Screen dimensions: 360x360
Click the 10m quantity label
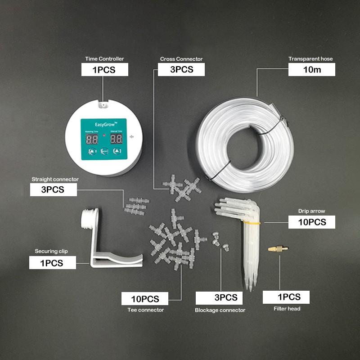click(x=311, y=69)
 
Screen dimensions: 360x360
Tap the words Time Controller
click(x=104, y=59)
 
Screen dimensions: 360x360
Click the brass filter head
click(x=278, y=248)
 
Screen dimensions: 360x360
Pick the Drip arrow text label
click(x=311, y=211)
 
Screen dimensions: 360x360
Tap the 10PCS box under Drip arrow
click(x=311, y=222)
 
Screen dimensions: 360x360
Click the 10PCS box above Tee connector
click(x=145, y=299)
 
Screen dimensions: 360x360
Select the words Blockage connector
click(x=220, y=310)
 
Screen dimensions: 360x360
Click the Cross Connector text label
click(x=181, y=59)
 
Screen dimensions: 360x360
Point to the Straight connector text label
click(x=55, y=179)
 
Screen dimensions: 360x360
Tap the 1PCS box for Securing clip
click(x=53, y=263)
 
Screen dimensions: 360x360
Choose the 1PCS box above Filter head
click(x=286, y=297)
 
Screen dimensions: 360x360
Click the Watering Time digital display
click(x=92, y=139)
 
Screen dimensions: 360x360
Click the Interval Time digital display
click(x=117, y=139)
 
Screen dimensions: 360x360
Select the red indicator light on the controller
click(x=104, y=135)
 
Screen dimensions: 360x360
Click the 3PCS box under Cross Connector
click(x=181, y=69)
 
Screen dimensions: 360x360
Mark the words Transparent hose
click(x=310, y=59)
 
